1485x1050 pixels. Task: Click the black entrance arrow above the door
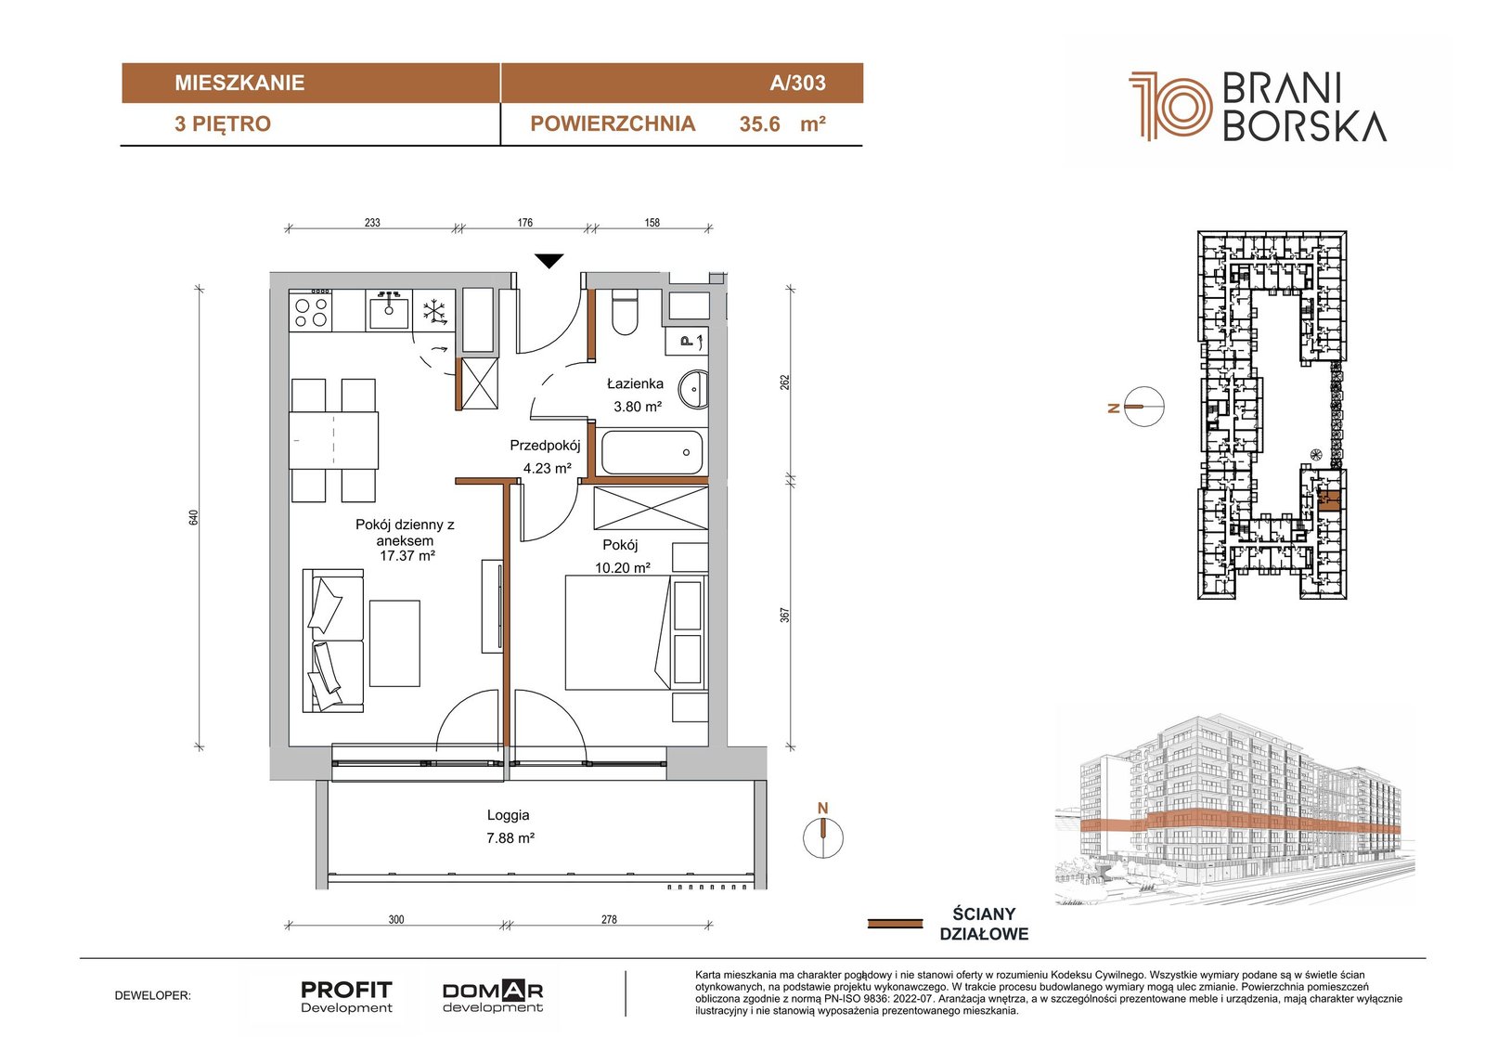[549, 261]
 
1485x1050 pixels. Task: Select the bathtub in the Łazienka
[652, 452]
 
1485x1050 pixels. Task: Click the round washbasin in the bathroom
[697, 389]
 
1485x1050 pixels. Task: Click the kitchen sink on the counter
[389, 312]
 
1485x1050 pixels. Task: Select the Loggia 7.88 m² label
[510, 826]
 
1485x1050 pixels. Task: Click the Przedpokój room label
[545, 446]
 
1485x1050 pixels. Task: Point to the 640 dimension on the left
[193, 517]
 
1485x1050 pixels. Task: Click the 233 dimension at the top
[372, 223]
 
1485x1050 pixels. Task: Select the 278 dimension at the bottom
[609, 919]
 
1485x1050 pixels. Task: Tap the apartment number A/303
[797, 83]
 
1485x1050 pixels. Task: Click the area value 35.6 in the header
[760, 124]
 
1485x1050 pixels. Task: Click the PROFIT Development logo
[346, 997]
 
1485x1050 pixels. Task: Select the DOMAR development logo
[493, 997]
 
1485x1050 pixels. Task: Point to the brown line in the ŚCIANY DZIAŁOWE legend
[895, 924]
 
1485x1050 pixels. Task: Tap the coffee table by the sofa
[394, 643]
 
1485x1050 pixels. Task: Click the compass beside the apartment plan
[822, 837]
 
